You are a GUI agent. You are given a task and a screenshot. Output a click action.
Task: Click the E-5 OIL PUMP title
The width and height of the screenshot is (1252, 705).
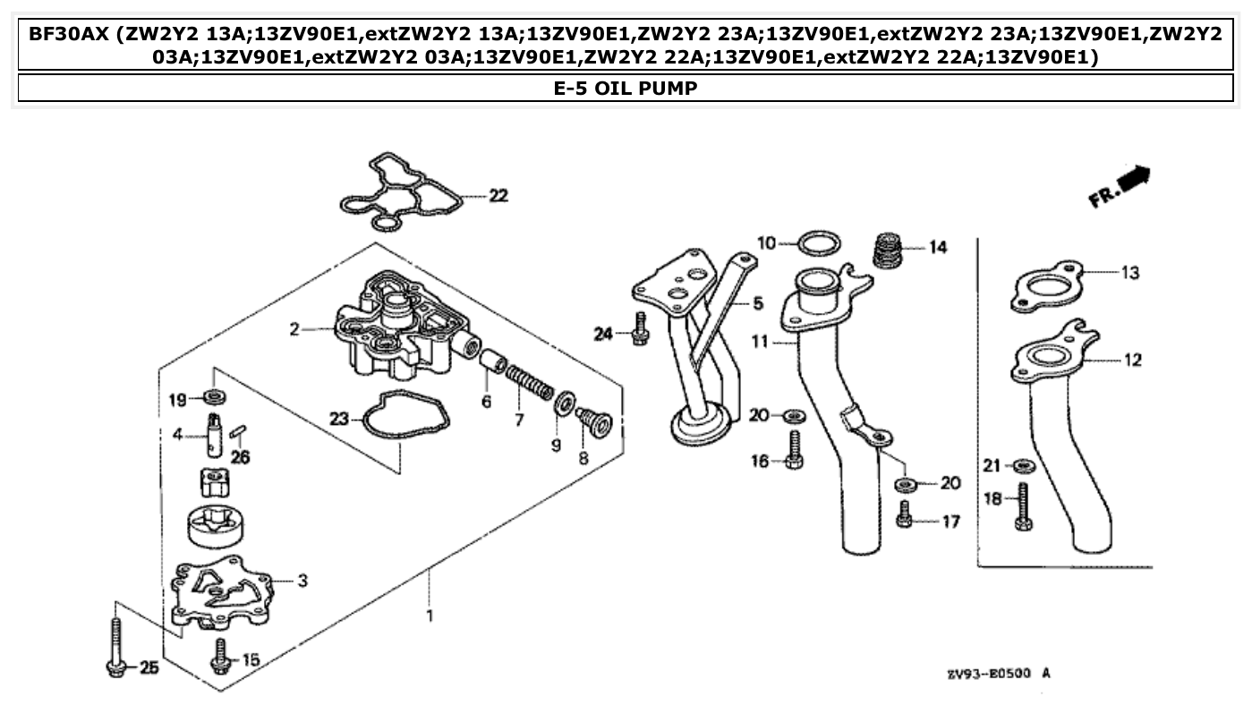626,88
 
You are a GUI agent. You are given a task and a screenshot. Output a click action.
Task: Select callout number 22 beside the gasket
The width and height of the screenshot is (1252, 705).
498,196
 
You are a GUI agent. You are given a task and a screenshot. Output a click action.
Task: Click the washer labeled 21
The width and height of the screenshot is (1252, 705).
1023,465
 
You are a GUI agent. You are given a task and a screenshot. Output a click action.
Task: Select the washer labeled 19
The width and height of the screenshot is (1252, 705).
215,396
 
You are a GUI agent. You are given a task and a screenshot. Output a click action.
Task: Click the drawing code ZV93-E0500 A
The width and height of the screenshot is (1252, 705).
998,674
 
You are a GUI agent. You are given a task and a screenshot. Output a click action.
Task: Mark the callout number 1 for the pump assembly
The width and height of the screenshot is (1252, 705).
430,616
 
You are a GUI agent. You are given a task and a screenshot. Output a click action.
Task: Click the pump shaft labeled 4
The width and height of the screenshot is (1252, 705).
215,434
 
